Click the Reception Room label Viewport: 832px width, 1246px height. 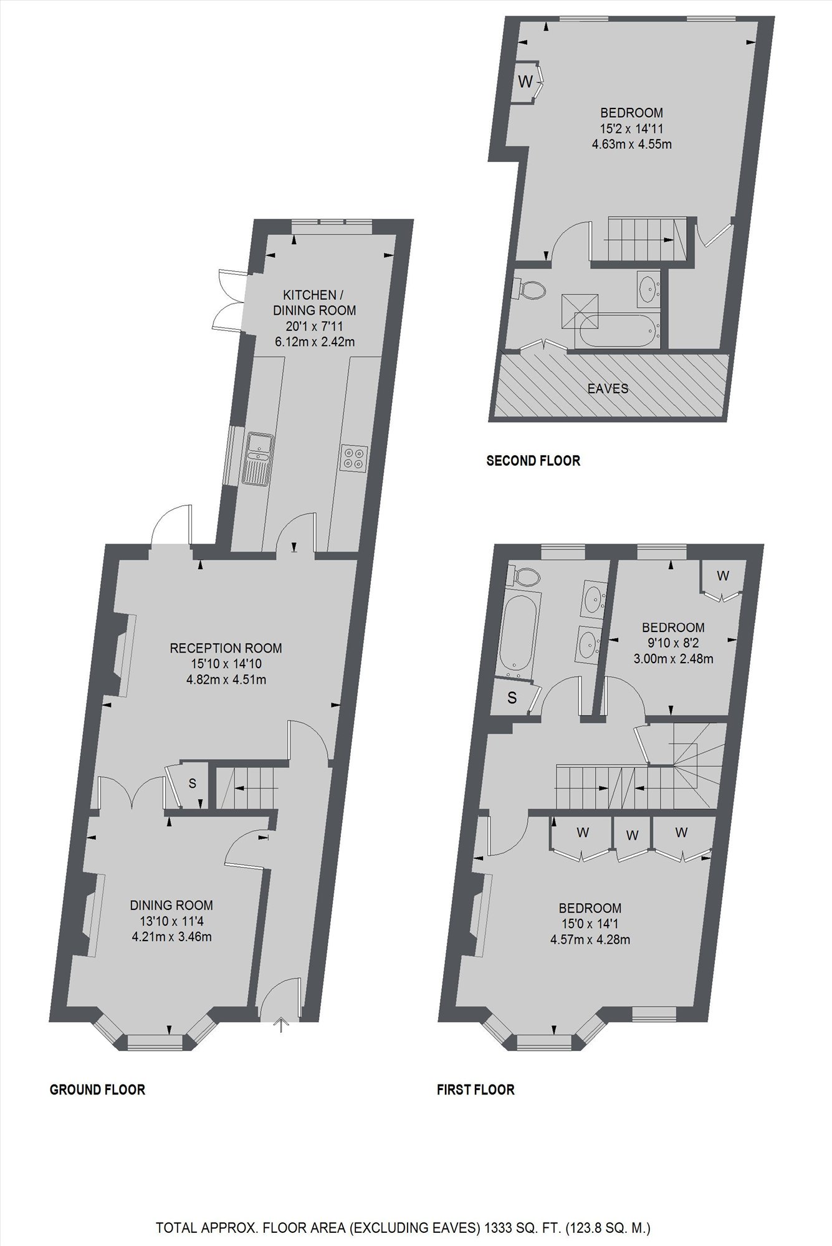226,648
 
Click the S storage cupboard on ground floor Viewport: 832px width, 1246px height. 193,784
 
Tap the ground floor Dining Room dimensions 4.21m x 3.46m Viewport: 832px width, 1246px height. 171,936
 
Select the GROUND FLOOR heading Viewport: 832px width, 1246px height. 97,1090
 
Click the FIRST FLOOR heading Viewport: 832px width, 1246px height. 476,1090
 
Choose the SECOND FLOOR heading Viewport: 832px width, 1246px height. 533,461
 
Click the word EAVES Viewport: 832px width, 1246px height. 608,389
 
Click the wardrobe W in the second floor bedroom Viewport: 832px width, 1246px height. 525,81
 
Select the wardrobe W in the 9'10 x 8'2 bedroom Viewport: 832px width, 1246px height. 722,576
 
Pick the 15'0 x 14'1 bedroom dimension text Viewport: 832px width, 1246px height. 590,924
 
